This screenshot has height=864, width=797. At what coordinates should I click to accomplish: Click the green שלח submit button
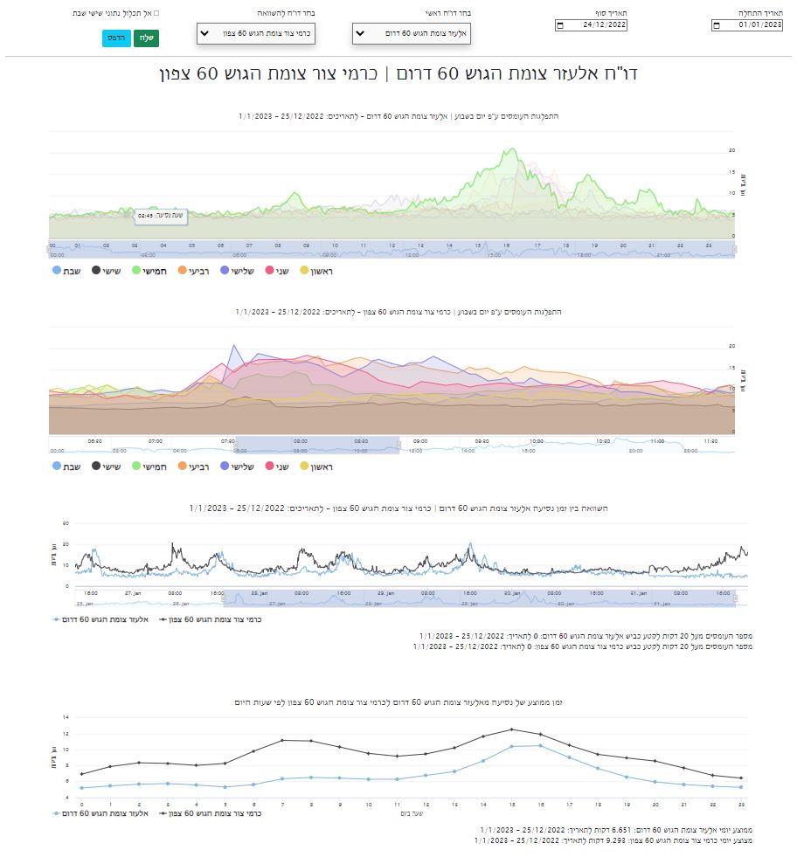pos(145,39)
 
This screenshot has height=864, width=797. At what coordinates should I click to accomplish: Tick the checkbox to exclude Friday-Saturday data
pos(156,14)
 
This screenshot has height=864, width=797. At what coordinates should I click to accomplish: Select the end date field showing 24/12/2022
pos(593,24)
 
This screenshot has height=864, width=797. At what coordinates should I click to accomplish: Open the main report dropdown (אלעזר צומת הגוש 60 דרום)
pos(411,33)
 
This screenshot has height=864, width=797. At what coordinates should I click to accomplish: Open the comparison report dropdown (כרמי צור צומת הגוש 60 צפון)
pos(255,33)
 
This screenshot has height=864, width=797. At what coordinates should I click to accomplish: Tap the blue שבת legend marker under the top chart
pos(58,271)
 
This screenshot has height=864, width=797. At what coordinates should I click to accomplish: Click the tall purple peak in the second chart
pos(232,346)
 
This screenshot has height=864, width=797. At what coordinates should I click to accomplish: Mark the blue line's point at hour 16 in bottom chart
pos(541,745)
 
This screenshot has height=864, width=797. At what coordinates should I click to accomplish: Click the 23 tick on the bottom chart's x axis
pos(741,804)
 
